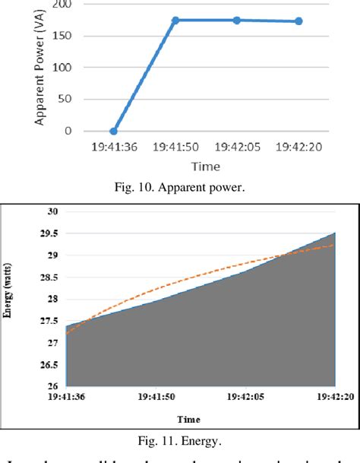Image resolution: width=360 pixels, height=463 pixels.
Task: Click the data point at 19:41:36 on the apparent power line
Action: pyautogui.click(x=114, y=132)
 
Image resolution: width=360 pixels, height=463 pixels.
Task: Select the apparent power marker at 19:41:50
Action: pyautogui.click(x=175, y=21)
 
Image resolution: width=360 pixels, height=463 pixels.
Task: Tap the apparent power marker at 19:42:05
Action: pyautogui.click(x=237, y=21)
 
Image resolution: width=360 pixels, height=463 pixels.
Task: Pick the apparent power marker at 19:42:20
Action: pyautogui.click(x=298, y=21)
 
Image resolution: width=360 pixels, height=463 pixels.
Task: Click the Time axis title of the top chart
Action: pyautogui.click(x=206, y=166)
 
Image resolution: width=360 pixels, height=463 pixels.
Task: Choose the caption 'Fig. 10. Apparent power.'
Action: pyautogui.click(x=179, y=187)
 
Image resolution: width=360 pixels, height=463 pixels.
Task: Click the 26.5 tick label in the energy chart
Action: pyautogui.click(x=52, y=366)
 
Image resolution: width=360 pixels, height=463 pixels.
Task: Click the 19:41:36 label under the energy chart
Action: pyautogui.click(x=67, y=395)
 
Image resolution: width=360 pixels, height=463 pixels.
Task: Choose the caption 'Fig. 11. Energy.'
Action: pyautogui.click(x=180, y=439)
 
